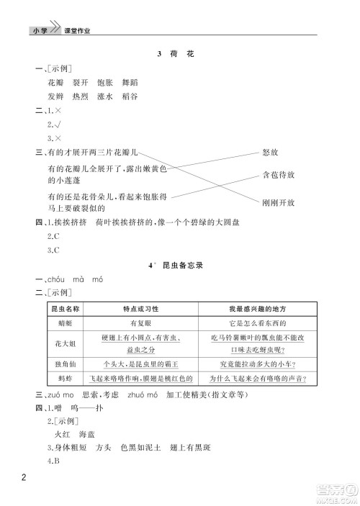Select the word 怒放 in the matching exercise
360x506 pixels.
(x=271, y=153)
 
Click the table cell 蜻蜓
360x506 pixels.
(x=64, y=324)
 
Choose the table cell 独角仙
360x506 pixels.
(x=64, y=363)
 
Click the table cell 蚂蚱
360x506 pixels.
(x=64, y=377)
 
